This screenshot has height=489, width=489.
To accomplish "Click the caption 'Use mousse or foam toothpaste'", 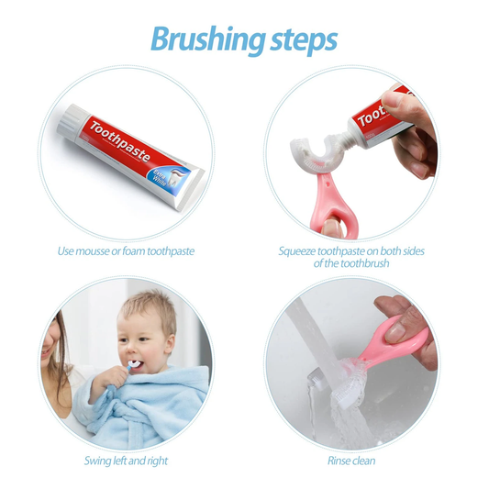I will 126,250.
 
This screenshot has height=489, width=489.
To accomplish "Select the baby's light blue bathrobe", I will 138,404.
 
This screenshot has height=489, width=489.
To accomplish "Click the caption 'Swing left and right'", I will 126,460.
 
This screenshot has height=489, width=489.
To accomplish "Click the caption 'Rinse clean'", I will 351,460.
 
